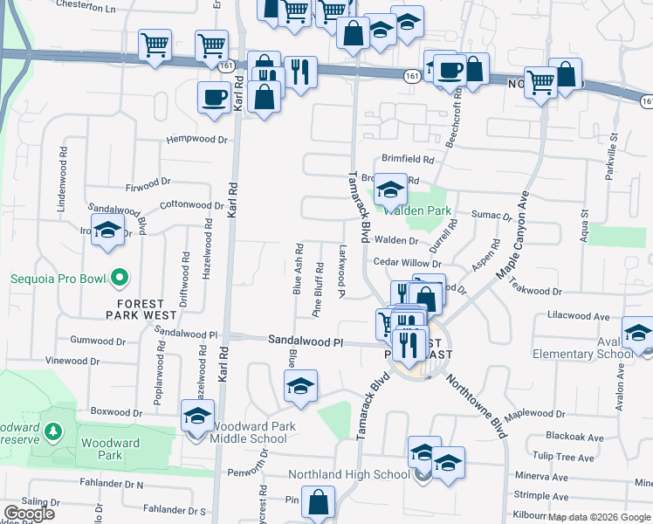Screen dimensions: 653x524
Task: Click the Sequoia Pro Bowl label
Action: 57,280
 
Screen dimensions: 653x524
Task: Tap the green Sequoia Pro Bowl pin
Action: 121,280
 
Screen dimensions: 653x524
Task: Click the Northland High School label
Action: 349,475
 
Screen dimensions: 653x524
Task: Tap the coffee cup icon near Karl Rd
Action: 214,98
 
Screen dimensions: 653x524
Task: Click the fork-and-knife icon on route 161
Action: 300,72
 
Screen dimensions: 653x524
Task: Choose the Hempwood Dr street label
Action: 196,140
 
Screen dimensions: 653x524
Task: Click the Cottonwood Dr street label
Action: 192,206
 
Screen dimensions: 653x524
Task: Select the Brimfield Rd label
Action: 409,160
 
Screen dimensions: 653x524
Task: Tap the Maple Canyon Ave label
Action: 514,235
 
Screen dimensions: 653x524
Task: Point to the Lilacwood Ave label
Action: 578,315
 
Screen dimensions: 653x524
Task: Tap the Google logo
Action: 29,514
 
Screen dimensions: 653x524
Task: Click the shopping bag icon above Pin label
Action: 320,502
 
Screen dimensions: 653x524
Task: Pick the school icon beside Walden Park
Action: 390,190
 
